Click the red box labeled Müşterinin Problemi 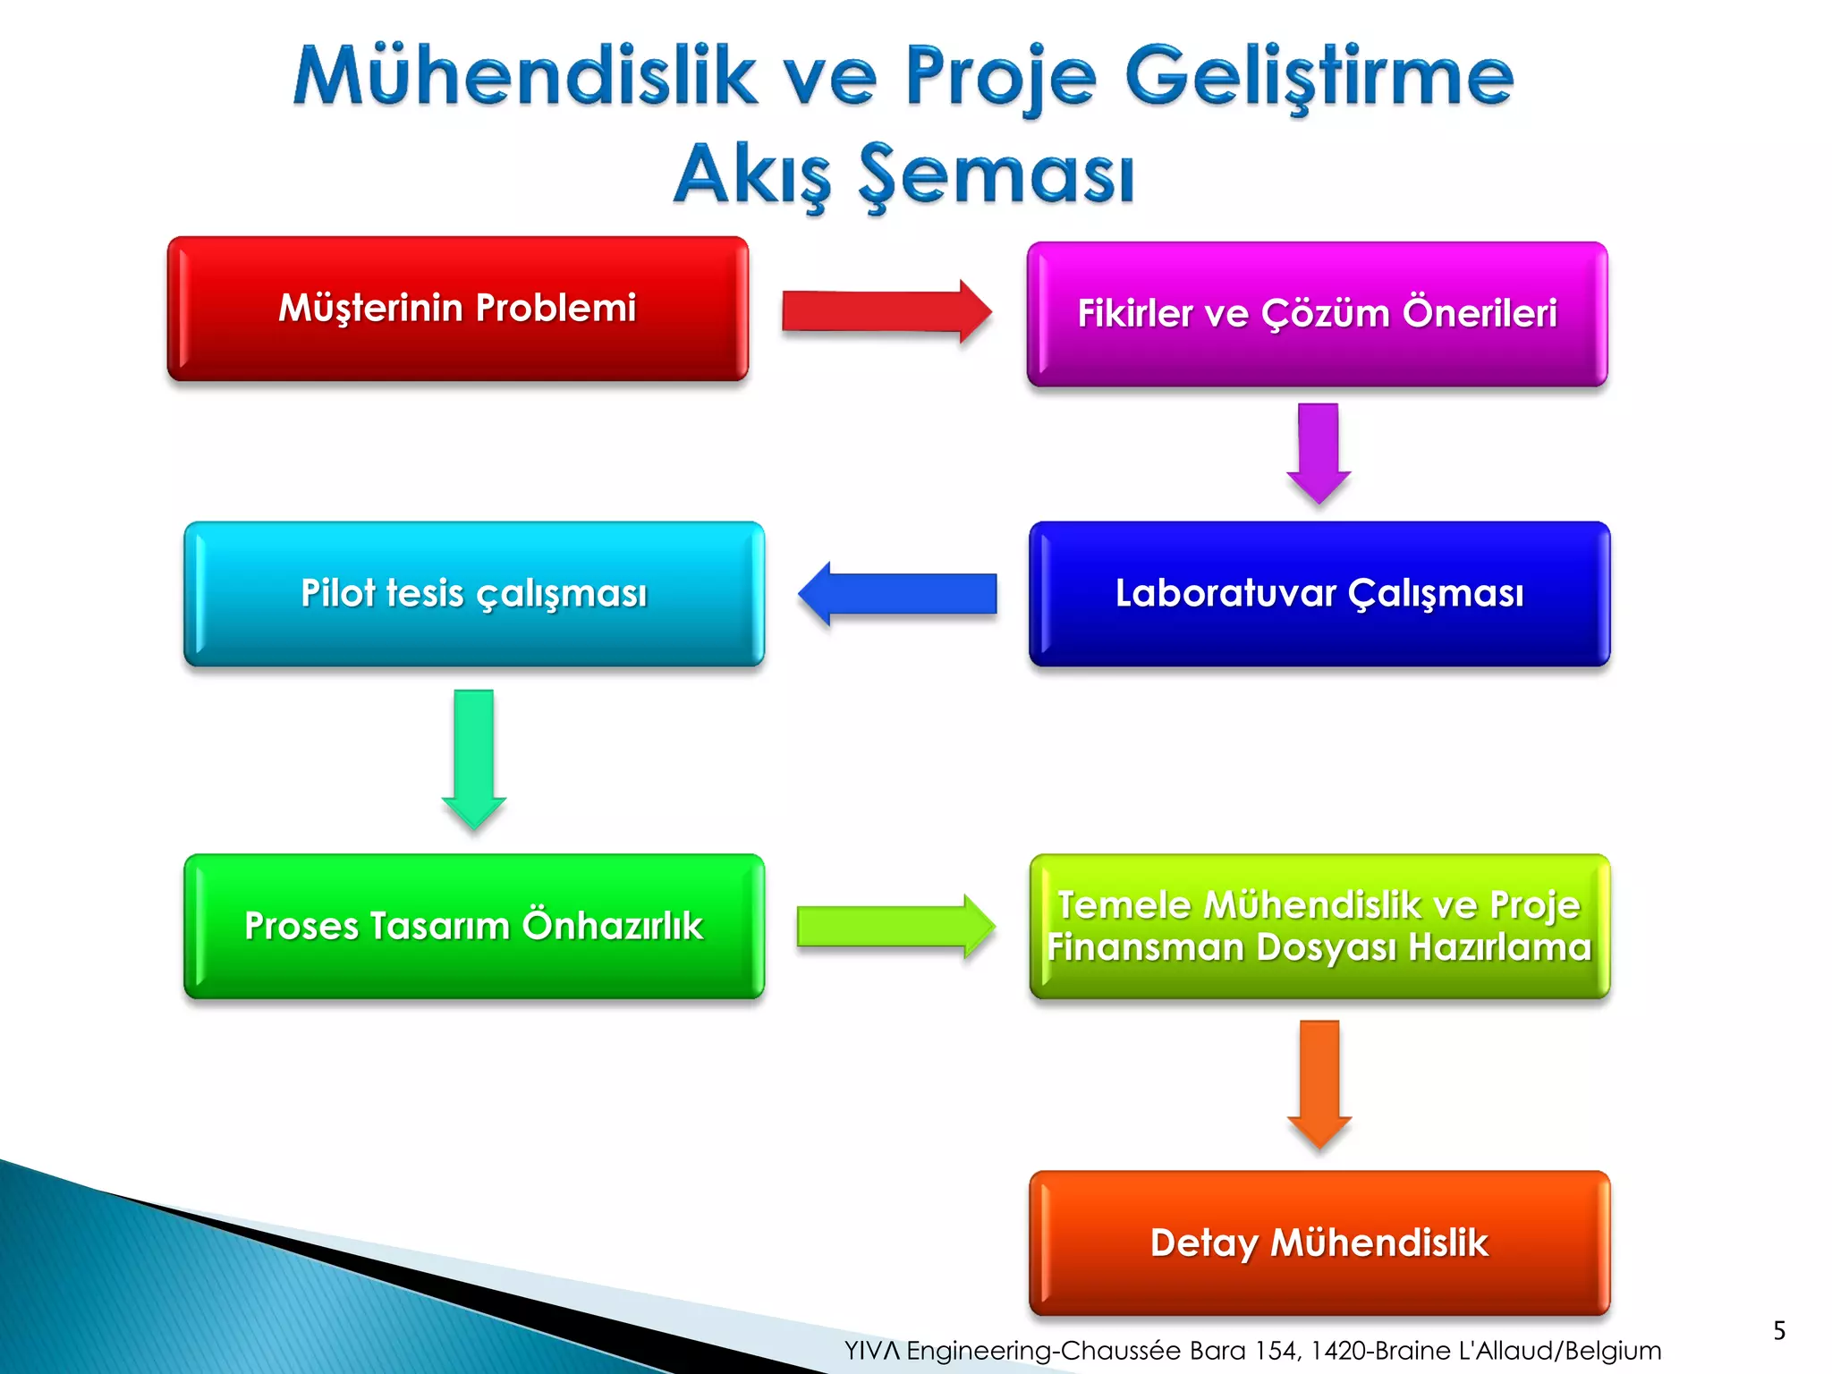click(457, 309)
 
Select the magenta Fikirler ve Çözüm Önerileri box click(1317, 314)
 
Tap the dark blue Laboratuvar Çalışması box click(1319, 594)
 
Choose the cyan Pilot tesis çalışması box click(474, 594)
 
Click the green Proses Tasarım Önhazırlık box click(474, 926)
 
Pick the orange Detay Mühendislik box click(1319, 1243)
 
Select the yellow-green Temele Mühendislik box click(1319, 926)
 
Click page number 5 click(1779, 1330)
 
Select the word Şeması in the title click(996, 175)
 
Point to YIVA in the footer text click(872, 1351)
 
